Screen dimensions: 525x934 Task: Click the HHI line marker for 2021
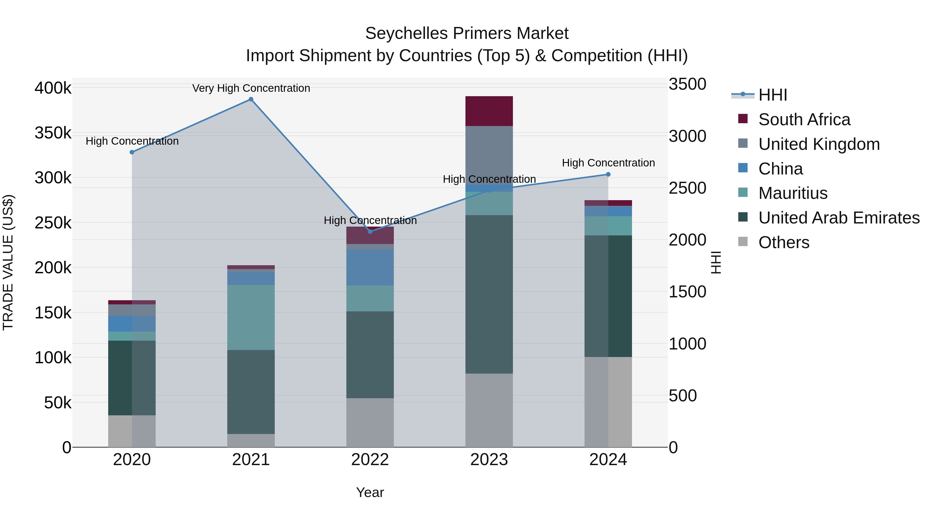251,99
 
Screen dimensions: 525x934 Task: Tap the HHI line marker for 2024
608,174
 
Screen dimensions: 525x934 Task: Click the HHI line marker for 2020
132,152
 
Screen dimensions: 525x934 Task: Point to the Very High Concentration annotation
251,88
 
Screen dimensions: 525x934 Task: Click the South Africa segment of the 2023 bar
489,111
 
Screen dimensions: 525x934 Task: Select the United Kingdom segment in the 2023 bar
489,155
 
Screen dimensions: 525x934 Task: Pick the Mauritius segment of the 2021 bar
251,317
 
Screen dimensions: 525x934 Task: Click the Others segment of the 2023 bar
489,410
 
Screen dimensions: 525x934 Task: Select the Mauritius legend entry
793,193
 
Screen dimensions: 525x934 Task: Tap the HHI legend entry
772,95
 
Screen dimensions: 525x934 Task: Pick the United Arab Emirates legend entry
839,218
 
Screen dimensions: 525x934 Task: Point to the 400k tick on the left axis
53,88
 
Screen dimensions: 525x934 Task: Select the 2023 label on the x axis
489,460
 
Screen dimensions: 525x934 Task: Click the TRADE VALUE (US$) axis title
8,262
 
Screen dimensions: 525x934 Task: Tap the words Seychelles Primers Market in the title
467,33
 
